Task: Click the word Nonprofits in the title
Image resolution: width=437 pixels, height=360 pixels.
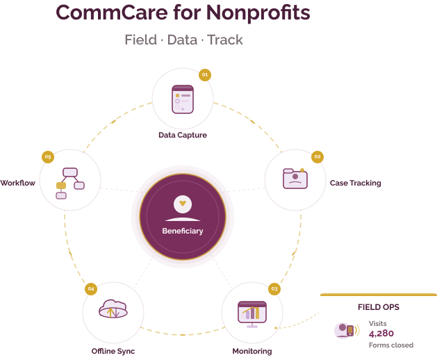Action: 252,13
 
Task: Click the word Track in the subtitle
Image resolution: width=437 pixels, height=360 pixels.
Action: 226,40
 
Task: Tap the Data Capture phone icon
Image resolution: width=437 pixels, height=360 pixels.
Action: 183,98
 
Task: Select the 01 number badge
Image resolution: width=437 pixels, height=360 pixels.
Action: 204,74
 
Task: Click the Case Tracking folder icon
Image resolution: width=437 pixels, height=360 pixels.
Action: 296,179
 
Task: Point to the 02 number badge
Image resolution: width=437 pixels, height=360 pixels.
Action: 318,157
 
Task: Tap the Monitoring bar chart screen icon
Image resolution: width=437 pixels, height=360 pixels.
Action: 252,312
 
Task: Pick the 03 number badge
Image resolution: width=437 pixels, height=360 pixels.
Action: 274,288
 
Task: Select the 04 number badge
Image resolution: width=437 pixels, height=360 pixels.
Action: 90,288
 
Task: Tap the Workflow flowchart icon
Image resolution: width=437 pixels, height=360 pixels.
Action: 70,183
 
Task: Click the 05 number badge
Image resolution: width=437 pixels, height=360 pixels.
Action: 48,157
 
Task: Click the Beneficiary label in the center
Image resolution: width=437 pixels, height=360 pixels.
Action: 183,231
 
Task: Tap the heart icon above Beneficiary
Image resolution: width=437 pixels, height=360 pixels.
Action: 183,204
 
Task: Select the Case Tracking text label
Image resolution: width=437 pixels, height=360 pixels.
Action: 355,183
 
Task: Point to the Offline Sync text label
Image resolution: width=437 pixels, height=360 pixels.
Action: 113,351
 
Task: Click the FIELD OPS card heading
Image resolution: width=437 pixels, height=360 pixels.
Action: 378,306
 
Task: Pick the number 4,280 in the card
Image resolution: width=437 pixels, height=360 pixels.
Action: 381,334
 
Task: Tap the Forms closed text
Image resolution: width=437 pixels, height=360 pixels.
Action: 390,345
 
